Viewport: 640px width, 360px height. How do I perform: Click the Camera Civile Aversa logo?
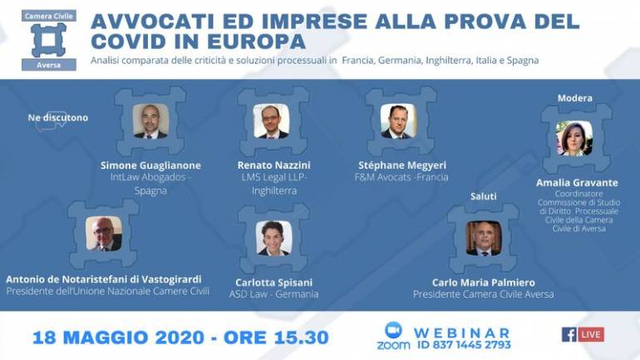(48, 40)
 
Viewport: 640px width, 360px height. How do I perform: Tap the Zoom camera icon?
(393, 329)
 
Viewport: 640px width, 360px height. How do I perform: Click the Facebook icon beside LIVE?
(569, 334)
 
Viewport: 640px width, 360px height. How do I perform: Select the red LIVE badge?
(591, 334)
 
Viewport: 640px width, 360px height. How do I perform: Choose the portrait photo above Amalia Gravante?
(574, 138)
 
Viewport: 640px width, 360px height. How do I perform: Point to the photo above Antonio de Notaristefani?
(104, 234)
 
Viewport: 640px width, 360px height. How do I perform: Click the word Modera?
(574, 98)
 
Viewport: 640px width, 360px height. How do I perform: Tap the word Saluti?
(483, 196)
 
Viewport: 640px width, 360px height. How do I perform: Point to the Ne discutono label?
(57, 118)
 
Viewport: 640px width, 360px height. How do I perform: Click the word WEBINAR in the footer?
(462, 332)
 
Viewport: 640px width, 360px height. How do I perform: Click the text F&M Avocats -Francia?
(403, 177)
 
